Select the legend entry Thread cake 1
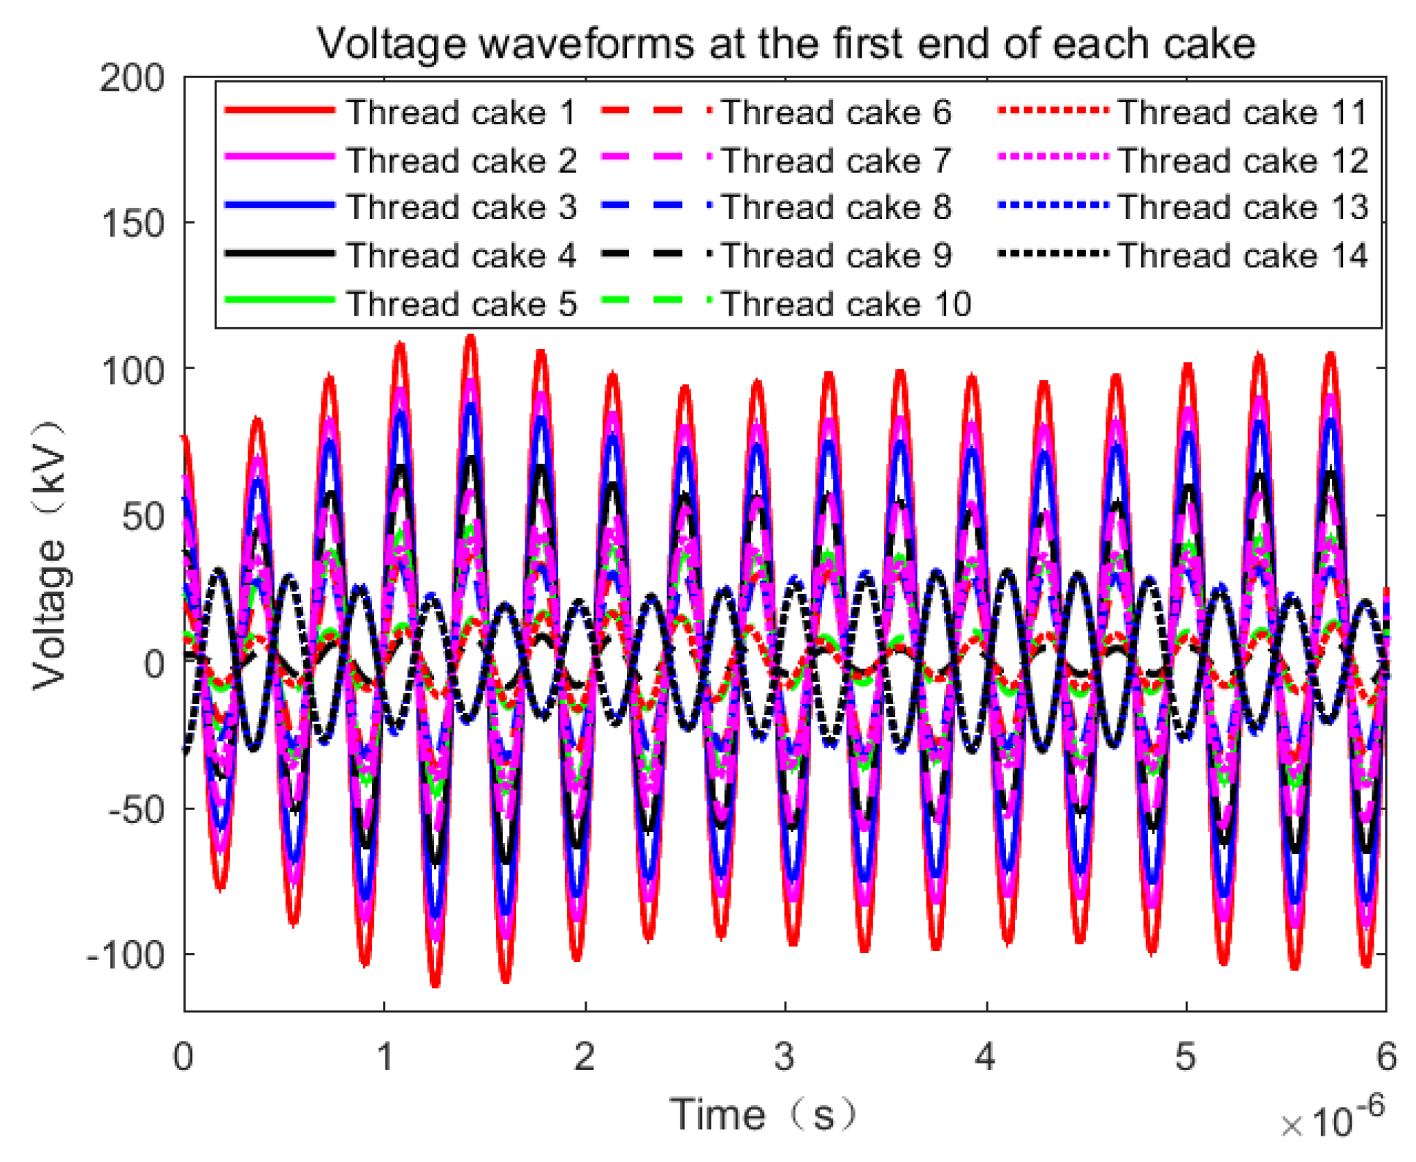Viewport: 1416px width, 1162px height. click(x=461, y=112)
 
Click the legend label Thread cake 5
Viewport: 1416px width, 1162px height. click(x=461, y=304)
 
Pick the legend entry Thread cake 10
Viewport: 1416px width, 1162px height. click(x=846, y=304)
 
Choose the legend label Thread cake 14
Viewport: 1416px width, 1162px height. click(x=1242, y=256)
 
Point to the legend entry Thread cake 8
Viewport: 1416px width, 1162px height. click(x=837, y=207)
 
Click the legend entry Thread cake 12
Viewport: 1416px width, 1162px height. click(x=1242, y=161)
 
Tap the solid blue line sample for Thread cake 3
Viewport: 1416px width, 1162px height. click(x=280, y=206)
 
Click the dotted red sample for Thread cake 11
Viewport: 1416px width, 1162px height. click(x=1053, y=111)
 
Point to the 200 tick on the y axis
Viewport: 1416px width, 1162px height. click(x=132, y=77)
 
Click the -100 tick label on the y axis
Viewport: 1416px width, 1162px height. click(x=126, y=955)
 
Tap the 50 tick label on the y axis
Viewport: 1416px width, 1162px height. click(x=143, y=517)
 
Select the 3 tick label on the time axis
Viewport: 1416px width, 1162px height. click(x=785, y=1057)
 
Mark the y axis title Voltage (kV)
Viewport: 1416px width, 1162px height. click(x=50, y=555)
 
